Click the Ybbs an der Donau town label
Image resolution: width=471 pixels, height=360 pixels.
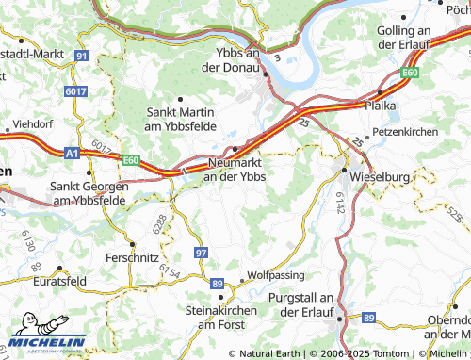click(236, 60)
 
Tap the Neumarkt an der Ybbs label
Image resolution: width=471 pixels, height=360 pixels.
click(235, 170)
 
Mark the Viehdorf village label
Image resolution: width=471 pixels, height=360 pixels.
click(32, 123)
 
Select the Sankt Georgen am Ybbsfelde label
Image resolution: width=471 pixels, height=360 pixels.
click(90, 193)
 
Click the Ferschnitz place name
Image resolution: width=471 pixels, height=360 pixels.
click(132, 256)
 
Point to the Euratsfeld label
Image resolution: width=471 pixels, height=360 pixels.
click(58, 282)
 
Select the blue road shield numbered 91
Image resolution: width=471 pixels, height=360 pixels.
click(82, 57)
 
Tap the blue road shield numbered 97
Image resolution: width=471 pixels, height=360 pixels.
click(201, 253)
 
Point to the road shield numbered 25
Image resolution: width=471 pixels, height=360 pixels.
click(301, 123)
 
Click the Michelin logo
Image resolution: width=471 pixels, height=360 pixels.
click(47, 341)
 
